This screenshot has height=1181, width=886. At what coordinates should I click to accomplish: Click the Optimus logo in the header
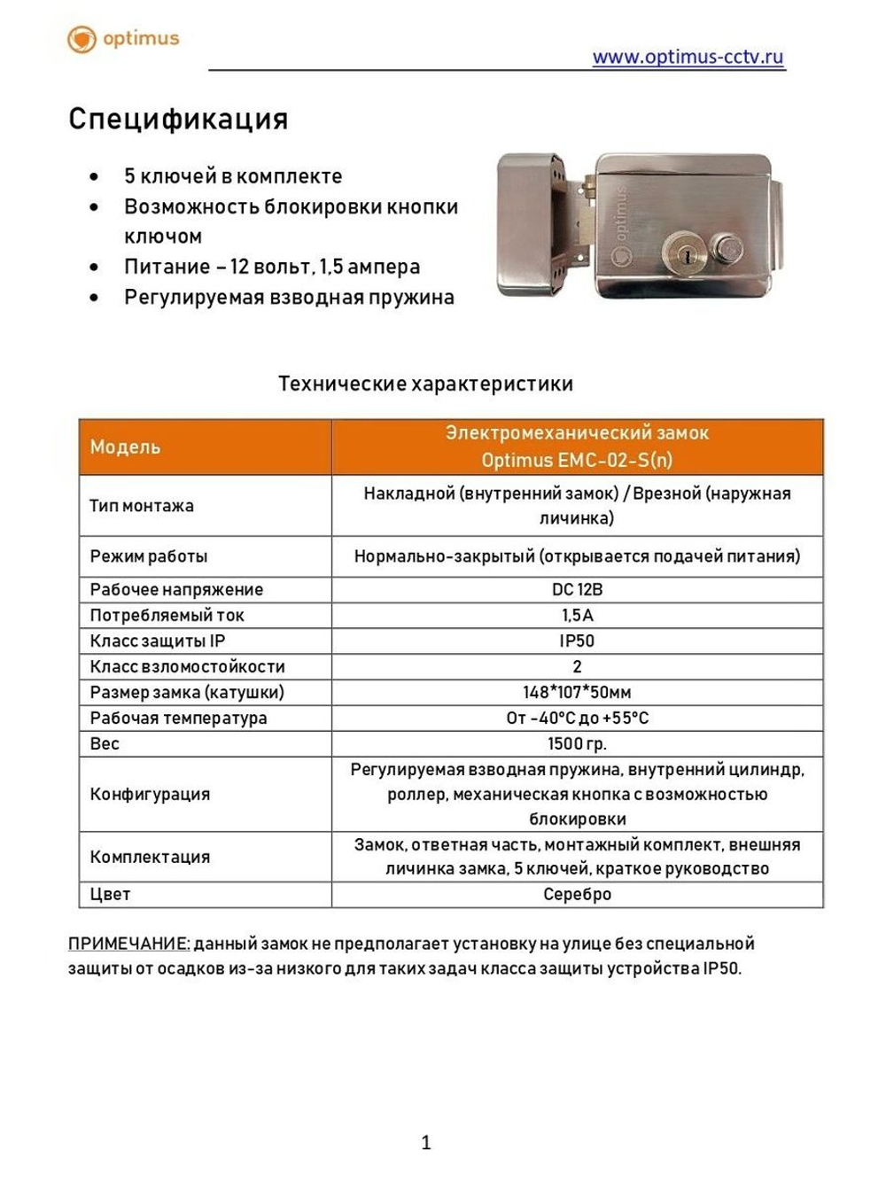tap(123, 39)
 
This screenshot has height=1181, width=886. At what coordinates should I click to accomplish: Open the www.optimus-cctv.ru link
tap(688, 57)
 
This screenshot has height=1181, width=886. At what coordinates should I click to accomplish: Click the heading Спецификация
tap(178, 119)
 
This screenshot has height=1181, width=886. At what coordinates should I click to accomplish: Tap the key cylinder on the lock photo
tap(684, 253)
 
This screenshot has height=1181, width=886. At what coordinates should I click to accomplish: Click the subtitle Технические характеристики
tap(425, 384)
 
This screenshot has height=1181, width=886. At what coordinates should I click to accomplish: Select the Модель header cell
tap(125, 447)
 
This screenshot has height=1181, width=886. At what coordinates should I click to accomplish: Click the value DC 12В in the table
tap(577, 589)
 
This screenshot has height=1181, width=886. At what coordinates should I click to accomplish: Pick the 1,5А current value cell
tap(577, 615)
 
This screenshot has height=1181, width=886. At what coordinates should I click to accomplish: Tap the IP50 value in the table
tap(577, 641)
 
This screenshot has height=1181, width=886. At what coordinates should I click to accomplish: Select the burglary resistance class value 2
tap(577, 666)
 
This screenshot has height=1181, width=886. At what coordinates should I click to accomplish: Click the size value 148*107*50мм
tap(577, 692)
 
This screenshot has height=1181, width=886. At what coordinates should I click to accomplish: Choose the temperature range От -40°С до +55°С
tap(577, 718)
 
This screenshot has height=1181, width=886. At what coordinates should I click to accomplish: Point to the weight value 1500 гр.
tap(577, 743)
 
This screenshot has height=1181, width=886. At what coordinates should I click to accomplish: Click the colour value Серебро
tap(577, 894)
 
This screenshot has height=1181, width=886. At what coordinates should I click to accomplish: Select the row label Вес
tap(105, 743)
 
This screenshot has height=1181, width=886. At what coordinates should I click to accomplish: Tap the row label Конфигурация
tap(150, 794)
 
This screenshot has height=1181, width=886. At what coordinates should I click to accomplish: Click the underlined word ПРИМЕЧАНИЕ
tap(128, 944)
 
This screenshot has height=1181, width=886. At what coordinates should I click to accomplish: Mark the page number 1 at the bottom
tap(426, 1143)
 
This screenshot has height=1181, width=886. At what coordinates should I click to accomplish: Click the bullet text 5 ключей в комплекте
tap(233, 176)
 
